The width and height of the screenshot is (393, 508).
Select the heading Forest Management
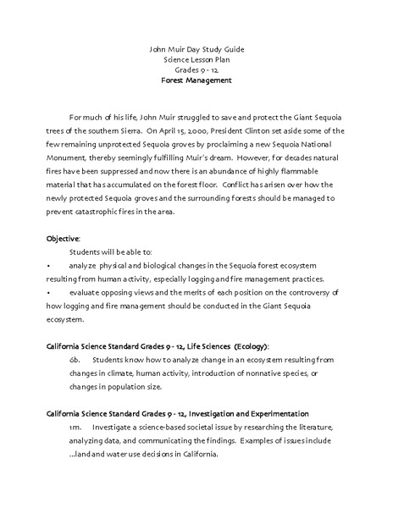click(x=196, y=81)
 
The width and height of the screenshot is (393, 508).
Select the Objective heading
click(x=64, y=239)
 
